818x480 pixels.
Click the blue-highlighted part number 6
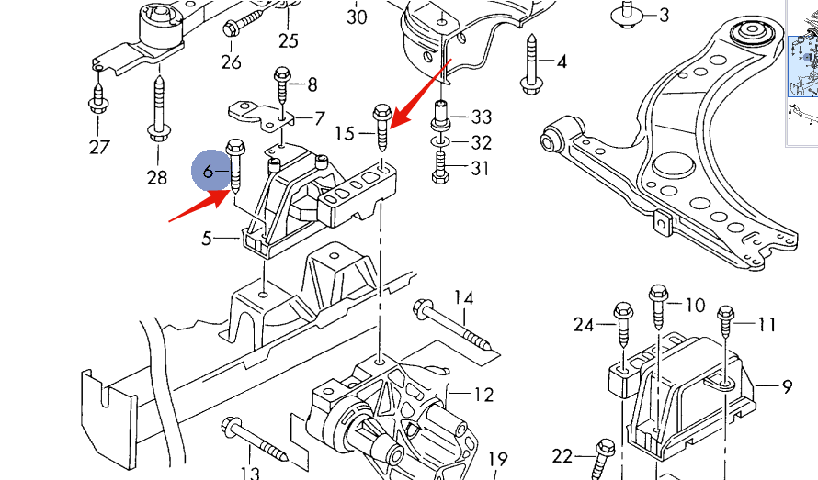click(209, 171)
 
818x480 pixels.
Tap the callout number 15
click(345, 134)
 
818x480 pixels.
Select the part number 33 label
click(482, 117)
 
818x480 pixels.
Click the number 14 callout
click(463, 298)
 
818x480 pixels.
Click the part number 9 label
click(787, 387)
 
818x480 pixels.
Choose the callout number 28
click(157, 177)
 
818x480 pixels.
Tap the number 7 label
click(319, 118)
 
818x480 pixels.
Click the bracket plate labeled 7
click(262, 115)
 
